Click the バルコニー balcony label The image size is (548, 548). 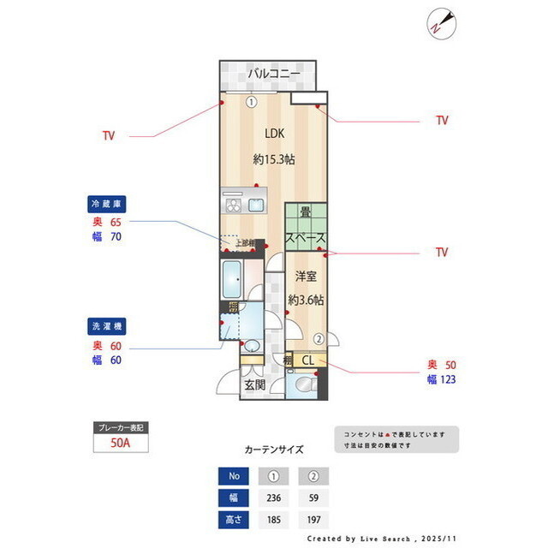273,74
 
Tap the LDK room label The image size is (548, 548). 273,134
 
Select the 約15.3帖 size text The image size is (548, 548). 273,159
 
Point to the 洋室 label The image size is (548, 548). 306,276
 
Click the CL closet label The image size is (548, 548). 307,360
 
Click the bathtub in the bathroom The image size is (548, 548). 232,279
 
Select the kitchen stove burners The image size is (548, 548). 234,205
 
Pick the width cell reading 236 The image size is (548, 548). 274,498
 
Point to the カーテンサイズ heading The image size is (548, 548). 274,449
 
